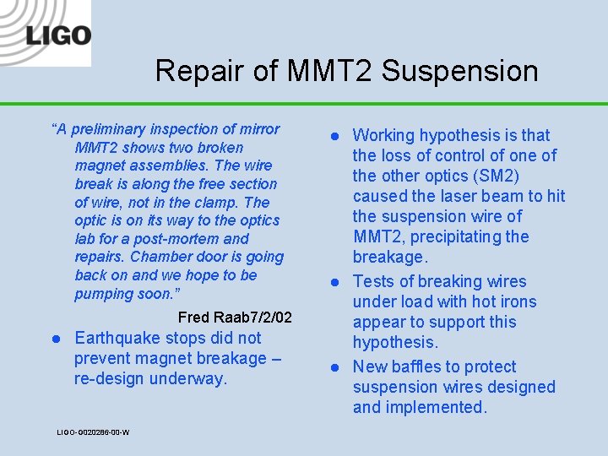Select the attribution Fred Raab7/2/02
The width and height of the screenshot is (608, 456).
click(x=235, y=318)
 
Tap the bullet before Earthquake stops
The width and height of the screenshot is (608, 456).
click(x=56, y=339)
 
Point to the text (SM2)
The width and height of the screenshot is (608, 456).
click(x=491, y=176)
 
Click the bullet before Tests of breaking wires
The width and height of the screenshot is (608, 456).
click(x=334, y=282)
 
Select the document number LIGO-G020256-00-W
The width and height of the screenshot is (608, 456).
click(x=93, y=432)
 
